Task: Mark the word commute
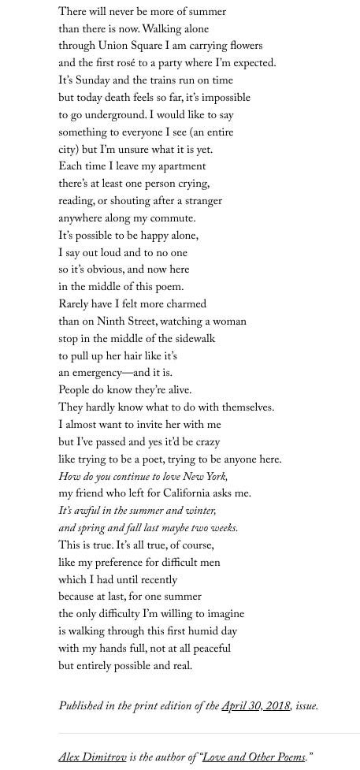pos(174,219)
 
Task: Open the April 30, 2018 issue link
pos(255,706)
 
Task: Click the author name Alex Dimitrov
pos(93,758)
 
